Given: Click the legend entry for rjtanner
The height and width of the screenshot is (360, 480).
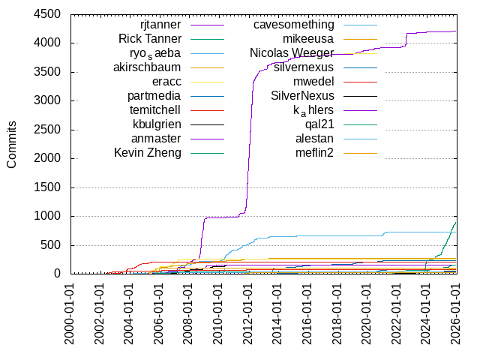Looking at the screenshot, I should (x=160, y=25).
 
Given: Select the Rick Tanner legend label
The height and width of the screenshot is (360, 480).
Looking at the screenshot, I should (x=150, y=39).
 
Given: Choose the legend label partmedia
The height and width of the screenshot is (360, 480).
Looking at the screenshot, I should (x=154, y=96).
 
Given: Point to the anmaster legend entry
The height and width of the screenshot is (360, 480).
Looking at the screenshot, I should (x=156, y=139).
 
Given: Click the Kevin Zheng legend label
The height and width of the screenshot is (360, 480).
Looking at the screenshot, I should (x=148, y=153).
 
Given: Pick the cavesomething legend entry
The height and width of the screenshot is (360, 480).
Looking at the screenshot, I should (x=293, y=25).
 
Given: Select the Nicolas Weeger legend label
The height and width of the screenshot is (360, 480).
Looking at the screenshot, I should (x=292, y=53).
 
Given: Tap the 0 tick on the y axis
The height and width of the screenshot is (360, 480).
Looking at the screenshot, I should (x=58, y=274).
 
